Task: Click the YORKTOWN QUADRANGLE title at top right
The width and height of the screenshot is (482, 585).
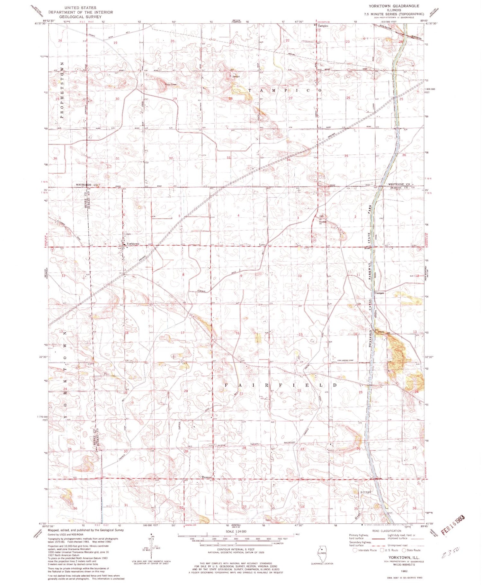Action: [x=398, y=6]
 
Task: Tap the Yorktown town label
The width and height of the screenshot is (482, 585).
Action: [x=133, y=244]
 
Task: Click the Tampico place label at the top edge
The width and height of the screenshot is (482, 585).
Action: [x=323, y=25]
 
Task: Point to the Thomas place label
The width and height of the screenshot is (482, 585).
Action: [x=206, y=477]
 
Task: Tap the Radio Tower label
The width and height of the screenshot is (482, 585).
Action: [x=171, y=84]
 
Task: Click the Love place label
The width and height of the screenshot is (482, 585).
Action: [x=262, y=245]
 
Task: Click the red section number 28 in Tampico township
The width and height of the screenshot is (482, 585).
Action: [x=230, y=98]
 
